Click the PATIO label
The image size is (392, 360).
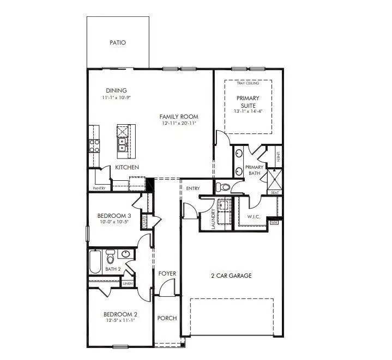coord(118,42)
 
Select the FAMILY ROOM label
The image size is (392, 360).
coord(178,117)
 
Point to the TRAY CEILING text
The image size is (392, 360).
coord(248,83)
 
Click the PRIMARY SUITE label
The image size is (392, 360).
coord(248,102)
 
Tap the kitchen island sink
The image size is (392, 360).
coord(123,144)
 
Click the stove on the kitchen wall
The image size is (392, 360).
coord(94,145)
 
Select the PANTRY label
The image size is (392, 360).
coord(99,188)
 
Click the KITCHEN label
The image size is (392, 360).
coord(126,167)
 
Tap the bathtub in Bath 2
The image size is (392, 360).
coord(95,261)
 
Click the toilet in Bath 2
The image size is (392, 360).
coord(111,255)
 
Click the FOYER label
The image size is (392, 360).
coord(167,273)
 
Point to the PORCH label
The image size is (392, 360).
coord(167,318)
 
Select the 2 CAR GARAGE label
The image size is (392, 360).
coord(231,276)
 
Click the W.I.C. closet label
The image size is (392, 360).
coord(255,217)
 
